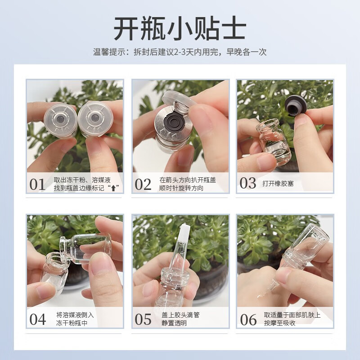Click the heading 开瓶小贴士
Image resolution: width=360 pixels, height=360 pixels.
point(180,29)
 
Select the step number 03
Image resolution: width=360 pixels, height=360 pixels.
point(248,183)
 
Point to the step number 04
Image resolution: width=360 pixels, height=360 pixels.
point(38,319)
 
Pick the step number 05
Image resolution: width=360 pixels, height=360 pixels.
point(143,319)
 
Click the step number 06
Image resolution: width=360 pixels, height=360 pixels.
point(248,319)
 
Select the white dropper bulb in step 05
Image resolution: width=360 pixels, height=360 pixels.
point(183,237)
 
